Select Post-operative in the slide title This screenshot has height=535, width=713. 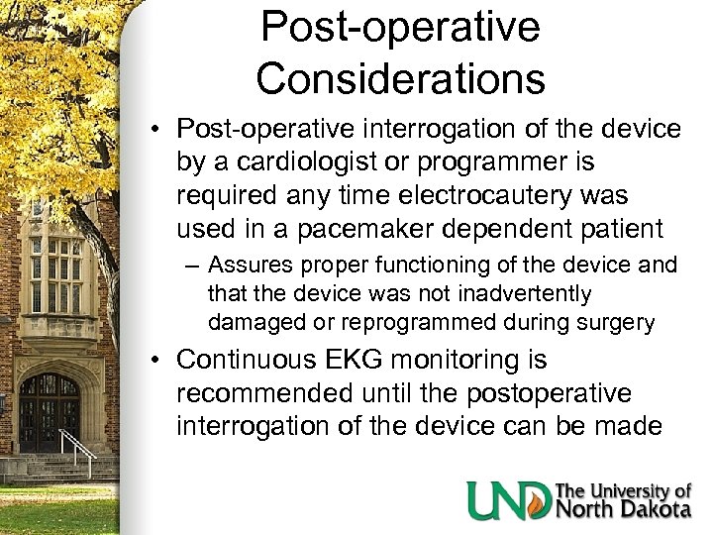[x=400, y=26]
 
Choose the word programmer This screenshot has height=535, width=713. [x=512, y=161]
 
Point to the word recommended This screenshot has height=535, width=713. [x=263, y=394]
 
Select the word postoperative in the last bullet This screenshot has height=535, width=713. [x=537, y=394]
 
